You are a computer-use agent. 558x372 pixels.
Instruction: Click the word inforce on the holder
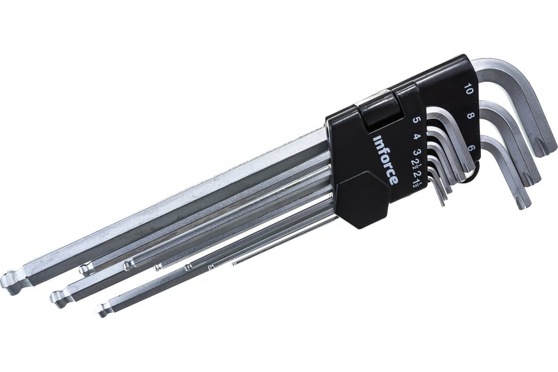coord(384,160)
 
